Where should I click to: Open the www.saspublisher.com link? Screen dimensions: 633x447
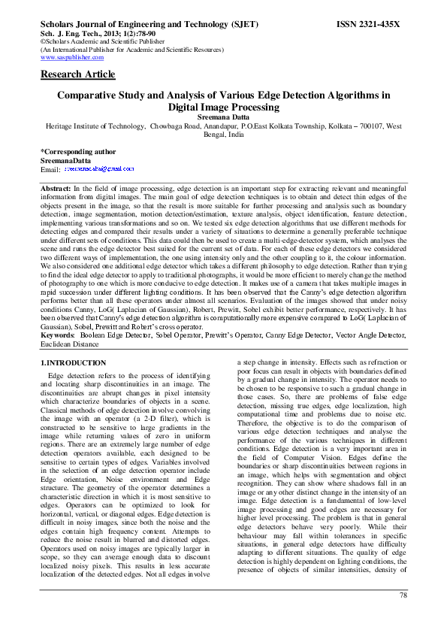coord(72,57)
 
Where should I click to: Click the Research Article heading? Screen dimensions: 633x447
coord(78,74)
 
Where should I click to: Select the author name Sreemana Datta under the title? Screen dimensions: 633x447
coord(224,118)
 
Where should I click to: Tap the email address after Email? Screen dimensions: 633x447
coord(98,170)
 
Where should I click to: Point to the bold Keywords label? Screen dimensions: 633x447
coord(57,335)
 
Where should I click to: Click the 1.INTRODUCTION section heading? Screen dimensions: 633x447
coord(73,363)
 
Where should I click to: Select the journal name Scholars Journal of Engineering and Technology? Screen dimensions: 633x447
coord(131,24)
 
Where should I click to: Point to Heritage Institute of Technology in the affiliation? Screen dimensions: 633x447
coord(96,127)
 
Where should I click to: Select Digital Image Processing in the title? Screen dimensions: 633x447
coord(224,107)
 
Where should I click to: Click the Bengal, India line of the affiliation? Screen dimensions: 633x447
coord(224,135)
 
